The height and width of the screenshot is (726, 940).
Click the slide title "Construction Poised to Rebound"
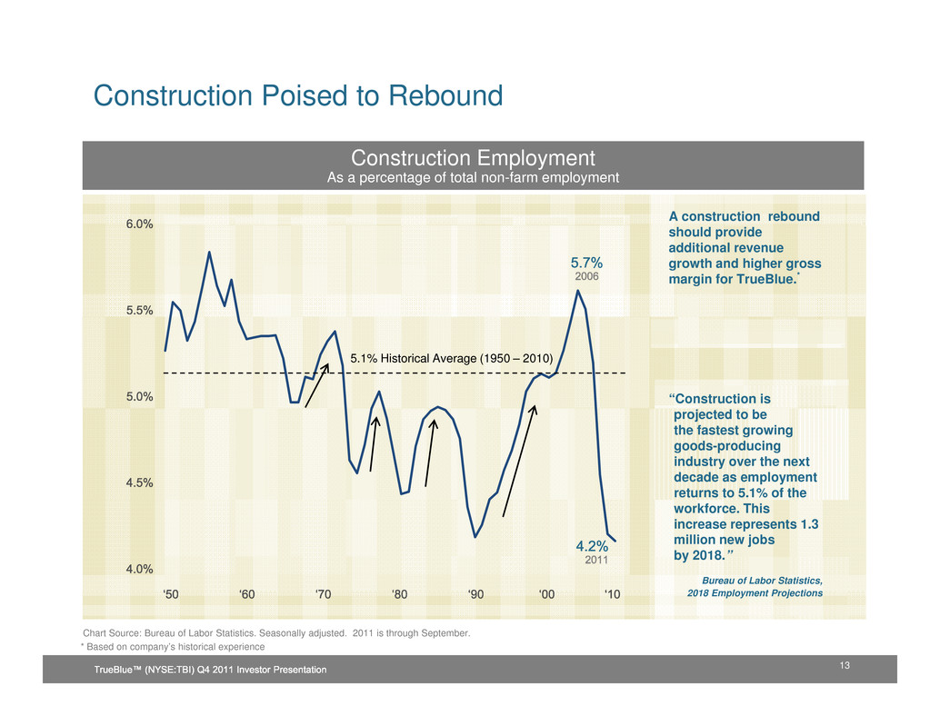298,95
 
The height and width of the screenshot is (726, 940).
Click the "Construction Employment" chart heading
473,158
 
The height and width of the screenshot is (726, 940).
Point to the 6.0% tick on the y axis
139,224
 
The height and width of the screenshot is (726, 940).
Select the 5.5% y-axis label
139,310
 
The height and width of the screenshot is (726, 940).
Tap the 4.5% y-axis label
139,482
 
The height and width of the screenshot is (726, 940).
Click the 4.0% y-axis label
139,569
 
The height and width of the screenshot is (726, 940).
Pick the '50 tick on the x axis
171,594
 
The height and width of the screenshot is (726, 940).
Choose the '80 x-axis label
399,594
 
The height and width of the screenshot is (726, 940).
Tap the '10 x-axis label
613,594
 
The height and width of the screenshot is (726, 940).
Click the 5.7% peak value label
586,263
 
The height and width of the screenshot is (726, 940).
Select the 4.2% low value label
592,547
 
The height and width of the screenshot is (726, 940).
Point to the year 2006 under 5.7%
586,276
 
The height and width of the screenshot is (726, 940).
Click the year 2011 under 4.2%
595,561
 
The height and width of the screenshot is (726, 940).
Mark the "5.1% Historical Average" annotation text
452,359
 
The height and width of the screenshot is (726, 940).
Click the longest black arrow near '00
519,461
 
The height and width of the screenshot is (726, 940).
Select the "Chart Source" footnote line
276,632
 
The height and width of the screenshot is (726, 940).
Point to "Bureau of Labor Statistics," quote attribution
763,580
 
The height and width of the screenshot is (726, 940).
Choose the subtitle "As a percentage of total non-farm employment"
473,178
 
